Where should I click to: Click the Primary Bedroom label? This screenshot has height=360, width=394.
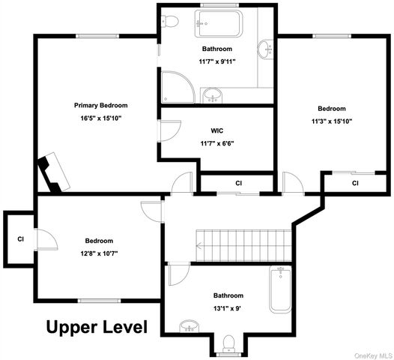(101, 106)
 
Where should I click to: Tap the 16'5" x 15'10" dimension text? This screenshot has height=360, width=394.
(101, 118)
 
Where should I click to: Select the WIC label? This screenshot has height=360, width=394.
(217, 130)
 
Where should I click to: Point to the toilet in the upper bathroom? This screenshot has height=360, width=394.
(170, 21)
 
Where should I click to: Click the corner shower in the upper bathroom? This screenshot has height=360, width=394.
(178, 87)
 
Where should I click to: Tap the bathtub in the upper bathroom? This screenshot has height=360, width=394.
(219, 23)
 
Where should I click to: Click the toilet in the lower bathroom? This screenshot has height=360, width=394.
(229, 343)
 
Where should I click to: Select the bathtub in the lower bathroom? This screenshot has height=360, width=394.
(280, 289)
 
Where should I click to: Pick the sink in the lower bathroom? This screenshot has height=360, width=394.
(190, 326)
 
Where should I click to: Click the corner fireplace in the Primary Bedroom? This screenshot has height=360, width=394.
(53, 172)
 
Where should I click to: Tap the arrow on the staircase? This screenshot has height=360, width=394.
(200, 245)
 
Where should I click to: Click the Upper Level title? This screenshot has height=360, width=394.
(97, 327)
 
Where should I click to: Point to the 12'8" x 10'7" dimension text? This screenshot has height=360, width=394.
(100, 253)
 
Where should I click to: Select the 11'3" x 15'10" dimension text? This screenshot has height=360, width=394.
(332, 121)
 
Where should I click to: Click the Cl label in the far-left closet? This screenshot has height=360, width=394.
(21, 239)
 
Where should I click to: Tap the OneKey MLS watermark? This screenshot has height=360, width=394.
(374, 355)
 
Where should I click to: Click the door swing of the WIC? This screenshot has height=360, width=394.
(169, 130)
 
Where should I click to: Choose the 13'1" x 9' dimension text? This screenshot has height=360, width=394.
(228, 308)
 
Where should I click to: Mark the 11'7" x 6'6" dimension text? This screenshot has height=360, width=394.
(217, 144)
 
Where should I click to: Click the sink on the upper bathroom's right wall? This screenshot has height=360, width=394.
(265, 49)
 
